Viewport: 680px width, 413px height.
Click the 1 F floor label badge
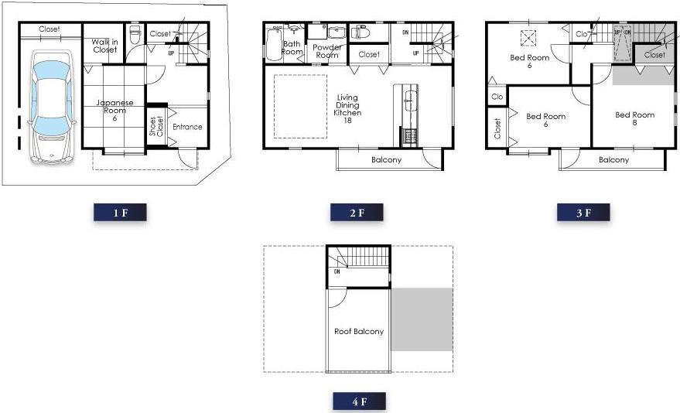[x=120, y=213]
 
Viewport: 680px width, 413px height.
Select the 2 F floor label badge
[x=357, y=213]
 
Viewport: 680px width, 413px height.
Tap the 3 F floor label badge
[x=583, y=213]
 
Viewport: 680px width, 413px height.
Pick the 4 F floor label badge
[x=359, y=402]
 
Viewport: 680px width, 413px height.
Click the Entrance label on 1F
[x=187, y=127]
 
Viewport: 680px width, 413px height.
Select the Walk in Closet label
[x=104, y=46]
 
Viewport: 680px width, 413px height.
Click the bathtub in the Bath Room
[x=273, y=45]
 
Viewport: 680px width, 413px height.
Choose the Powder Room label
[x=327, y=51]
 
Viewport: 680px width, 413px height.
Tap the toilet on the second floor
[x=362, y=32]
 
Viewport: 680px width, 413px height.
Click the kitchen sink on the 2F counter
[x=411, y=97]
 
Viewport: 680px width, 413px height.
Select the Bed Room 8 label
[x=634, y=118]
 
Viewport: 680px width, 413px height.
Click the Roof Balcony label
[x=358, y=332]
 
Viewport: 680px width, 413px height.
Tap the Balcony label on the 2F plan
[x=386, y=160]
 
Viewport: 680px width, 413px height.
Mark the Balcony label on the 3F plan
[x=613, y=160]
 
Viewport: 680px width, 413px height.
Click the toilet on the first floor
[x=135, y=34]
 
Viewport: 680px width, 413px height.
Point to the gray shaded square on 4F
[x=422, y=319]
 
